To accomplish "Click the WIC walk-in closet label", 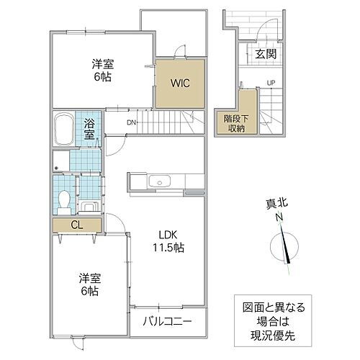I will click(179, 83).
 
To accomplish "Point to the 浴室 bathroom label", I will click(90, 128).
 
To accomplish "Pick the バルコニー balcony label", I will click(166, 320).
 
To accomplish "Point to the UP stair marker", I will click(271, 83).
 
